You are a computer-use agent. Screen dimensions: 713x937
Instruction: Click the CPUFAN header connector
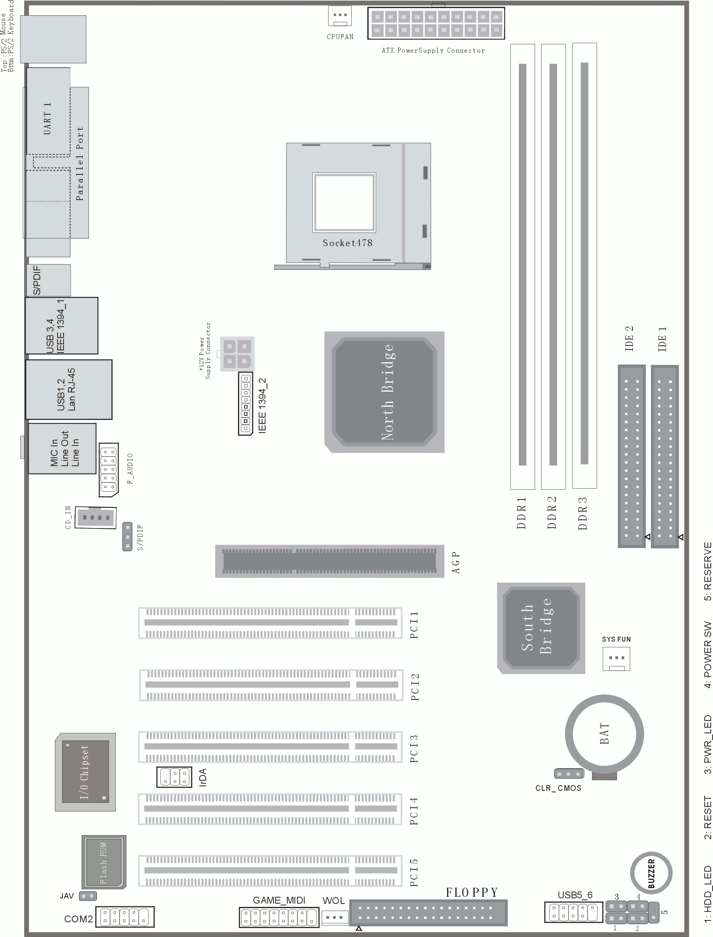pos(340,16)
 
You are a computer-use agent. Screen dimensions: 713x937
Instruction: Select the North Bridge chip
pos(384,392)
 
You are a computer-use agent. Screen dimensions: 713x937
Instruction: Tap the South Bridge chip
pos(541,628)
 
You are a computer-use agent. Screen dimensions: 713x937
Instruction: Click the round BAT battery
pos(604,734)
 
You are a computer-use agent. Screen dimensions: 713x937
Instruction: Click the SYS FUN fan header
pos(616,659)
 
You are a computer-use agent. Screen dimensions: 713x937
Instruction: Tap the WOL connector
pos(334,917)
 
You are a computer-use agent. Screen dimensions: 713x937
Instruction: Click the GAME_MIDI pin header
pos(279,917)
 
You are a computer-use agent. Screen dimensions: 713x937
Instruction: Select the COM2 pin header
pos(125,917)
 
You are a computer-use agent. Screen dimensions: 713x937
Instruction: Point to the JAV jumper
pos(88,896)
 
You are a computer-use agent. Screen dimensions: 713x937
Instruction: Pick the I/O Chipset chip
pos(85,772)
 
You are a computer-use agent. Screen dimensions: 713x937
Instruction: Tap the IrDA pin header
pos(174,777)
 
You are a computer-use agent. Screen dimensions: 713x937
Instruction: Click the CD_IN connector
pos(96,518)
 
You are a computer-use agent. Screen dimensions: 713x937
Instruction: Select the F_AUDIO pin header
pos(109,470)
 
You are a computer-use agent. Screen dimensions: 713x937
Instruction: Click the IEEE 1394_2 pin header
pos(245,404)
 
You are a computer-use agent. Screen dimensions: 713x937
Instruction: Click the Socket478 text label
pos(347,243)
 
